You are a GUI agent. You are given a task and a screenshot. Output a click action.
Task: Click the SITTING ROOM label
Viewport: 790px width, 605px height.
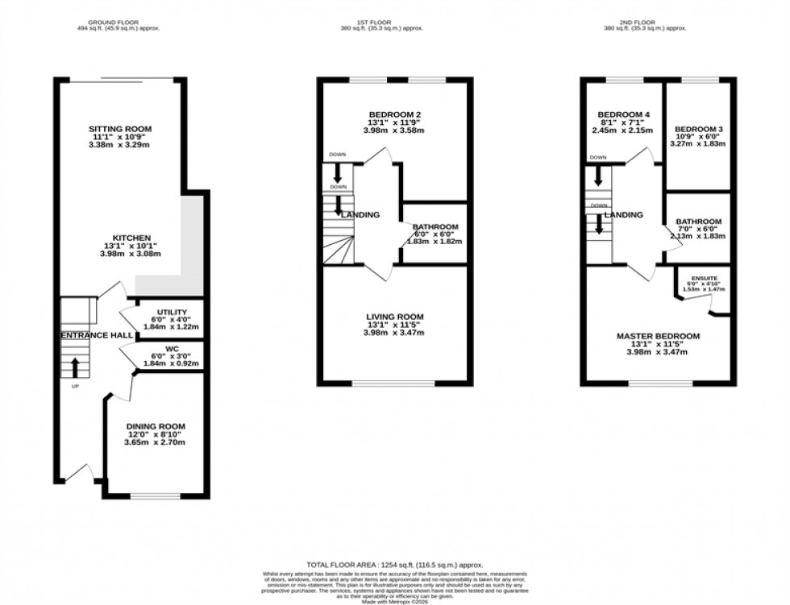(121, 129)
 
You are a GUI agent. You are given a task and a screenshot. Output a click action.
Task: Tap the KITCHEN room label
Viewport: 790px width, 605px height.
(131, 238)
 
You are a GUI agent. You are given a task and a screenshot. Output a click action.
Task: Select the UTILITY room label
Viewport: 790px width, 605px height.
(172, 312)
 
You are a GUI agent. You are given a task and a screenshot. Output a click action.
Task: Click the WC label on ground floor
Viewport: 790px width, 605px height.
(172, 349)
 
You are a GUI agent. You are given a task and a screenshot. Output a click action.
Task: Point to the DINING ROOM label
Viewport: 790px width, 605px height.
(156, 426)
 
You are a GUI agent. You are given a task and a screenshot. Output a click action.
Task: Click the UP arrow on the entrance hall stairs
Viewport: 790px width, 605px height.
(75, 367)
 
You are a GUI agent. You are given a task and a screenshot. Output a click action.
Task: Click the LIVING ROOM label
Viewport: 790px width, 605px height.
(393, 317)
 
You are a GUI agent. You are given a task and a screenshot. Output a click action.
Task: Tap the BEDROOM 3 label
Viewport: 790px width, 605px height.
(699, 129)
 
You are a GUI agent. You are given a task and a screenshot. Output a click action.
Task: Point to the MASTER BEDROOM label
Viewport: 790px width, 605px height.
(658, 336)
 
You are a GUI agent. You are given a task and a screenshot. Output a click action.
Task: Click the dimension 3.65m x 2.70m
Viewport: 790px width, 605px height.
(156, 442)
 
